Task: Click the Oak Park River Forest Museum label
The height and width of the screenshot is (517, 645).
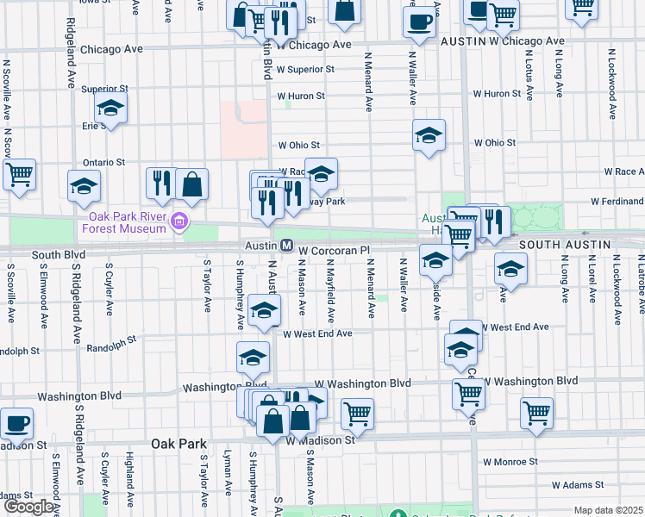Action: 126,222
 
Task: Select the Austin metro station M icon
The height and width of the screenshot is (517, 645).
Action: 286,246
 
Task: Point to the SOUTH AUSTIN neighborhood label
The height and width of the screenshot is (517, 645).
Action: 566,245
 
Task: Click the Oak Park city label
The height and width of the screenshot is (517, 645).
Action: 178,444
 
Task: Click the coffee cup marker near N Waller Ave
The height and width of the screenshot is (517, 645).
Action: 420,22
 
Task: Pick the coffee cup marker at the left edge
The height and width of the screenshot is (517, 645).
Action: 16,423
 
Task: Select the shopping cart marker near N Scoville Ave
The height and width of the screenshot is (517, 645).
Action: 19,174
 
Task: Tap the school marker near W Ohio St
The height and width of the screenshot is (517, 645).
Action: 429,135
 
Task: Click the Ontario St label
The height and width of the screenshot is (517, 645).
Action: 104,162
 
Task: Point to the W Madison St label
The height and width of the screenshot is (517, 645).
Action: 321,440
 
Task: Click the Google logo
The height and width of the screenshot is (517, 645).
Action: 29,507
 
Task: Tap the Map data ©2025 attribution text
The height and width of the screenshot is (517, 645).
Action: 608,510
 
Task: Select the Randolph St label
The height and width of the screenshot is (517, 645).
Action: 113,348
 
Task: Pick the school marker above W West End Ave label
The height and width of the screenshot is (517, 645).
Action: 264,311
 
